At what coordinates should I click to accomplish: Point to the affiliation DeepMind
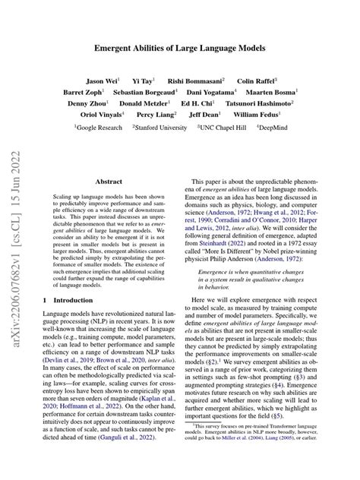pyautogui.click(x=283, y=130)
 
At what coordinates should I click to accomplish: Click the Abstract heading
pyautogui.click(x=110, y=183)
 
